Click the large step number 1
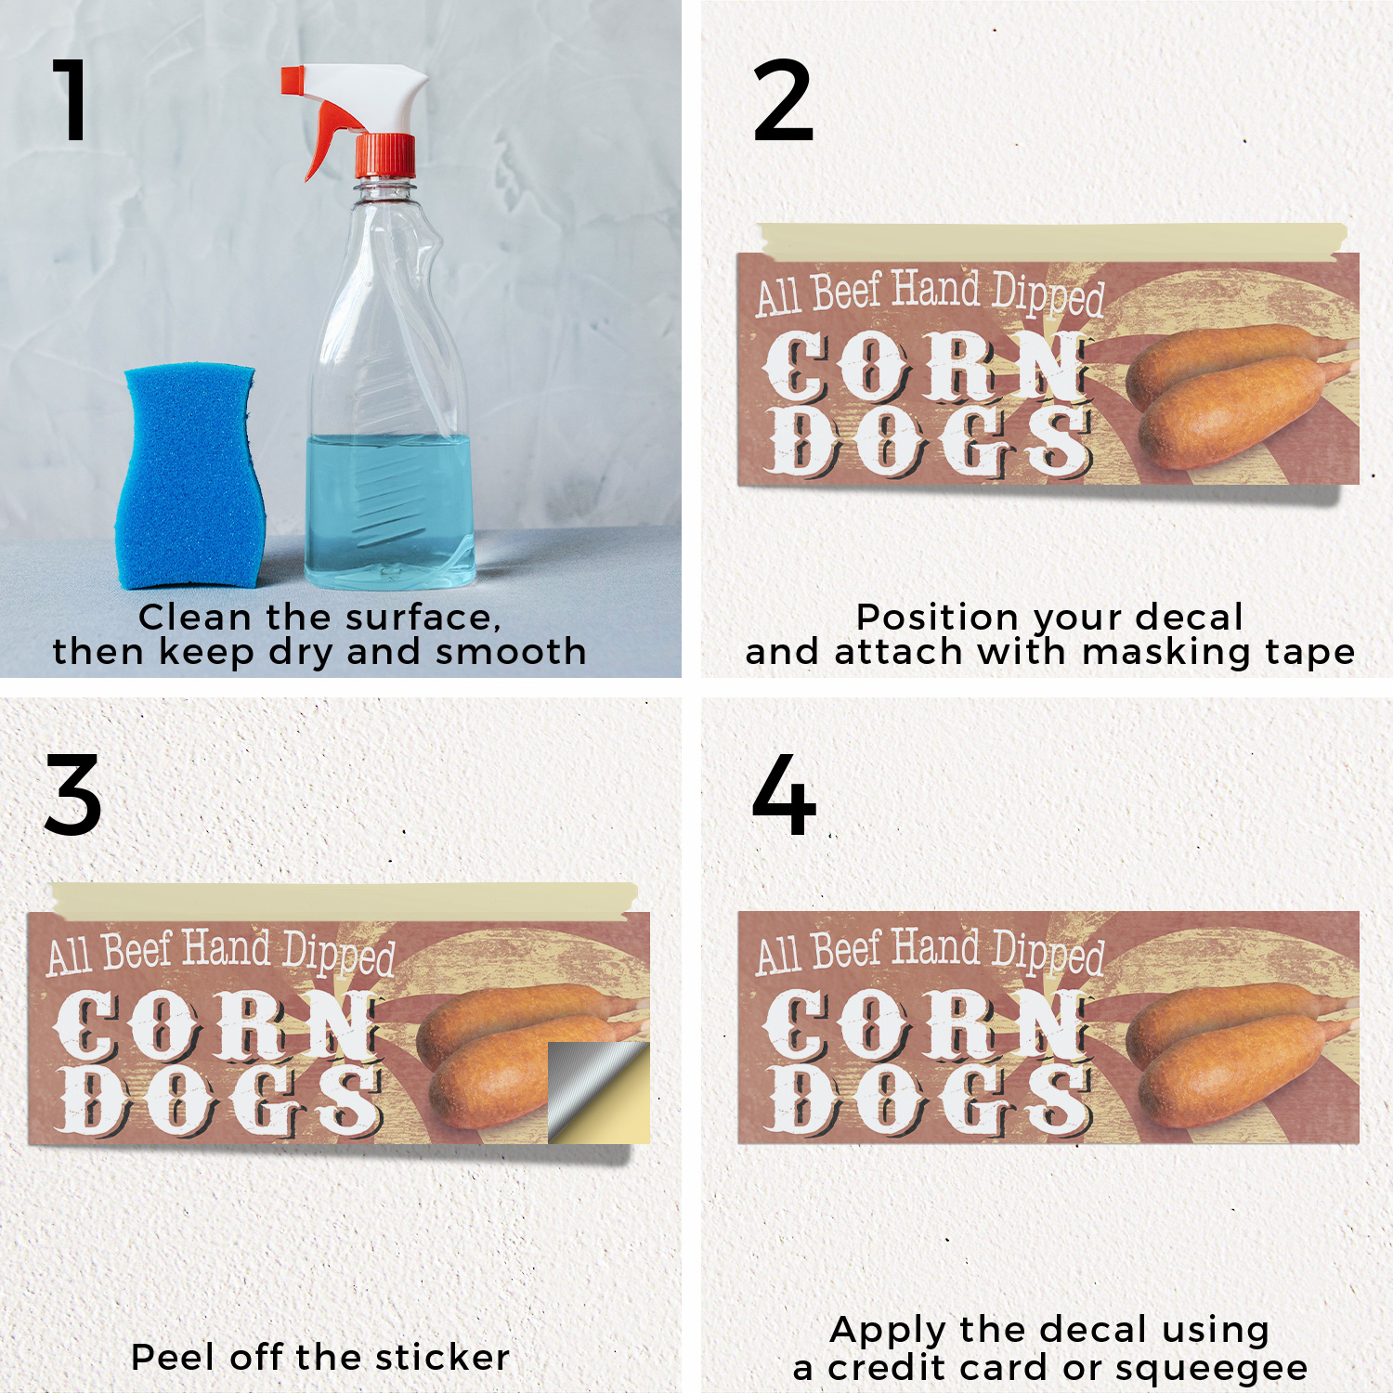[x=72, y=99]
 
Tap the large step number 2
[x=783, y=100]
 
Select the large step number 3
[x=72, y=794]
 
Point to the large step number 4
[x=784, y=794]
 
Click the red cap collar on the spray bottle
[x=385, y=156]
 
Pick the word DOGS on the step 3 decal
[x=219, y=1100]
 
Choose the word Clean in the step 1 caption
[x=195, y=617]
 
